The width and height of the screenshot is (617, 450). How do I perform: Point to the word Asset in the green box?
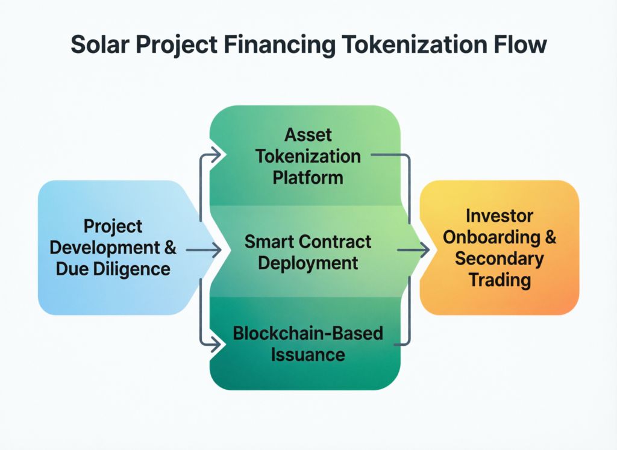coord(308,134)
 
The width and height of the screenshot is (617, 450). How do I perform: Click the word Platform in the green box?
coord(308,178)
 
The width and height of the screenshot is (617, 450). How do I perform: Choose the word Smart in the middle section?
coord(273,242)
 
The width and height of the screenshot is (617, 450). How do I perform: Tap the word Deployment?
coord(308,263)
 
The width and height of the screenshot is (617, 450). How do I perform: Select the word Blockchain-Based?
coord(308,333)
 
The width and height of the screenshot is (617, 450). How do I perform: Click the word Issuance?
coord(308,354)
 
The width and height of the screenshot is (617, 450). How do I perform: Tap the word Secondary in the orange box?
coord(499,259)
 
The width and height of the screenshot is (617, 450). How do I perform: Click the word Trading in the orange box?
coord(499,280)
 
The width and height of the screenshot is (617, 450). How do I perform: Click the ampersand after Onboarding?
coord(549,237)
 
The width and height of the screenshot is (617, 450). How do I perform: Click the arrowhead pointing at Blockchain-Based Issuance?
coord(216,345)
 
